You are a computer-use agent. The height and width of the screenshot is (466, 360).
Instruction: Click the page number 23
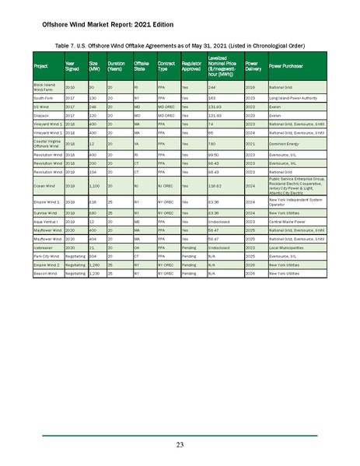pyautogui.click(x=180, y=445)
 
